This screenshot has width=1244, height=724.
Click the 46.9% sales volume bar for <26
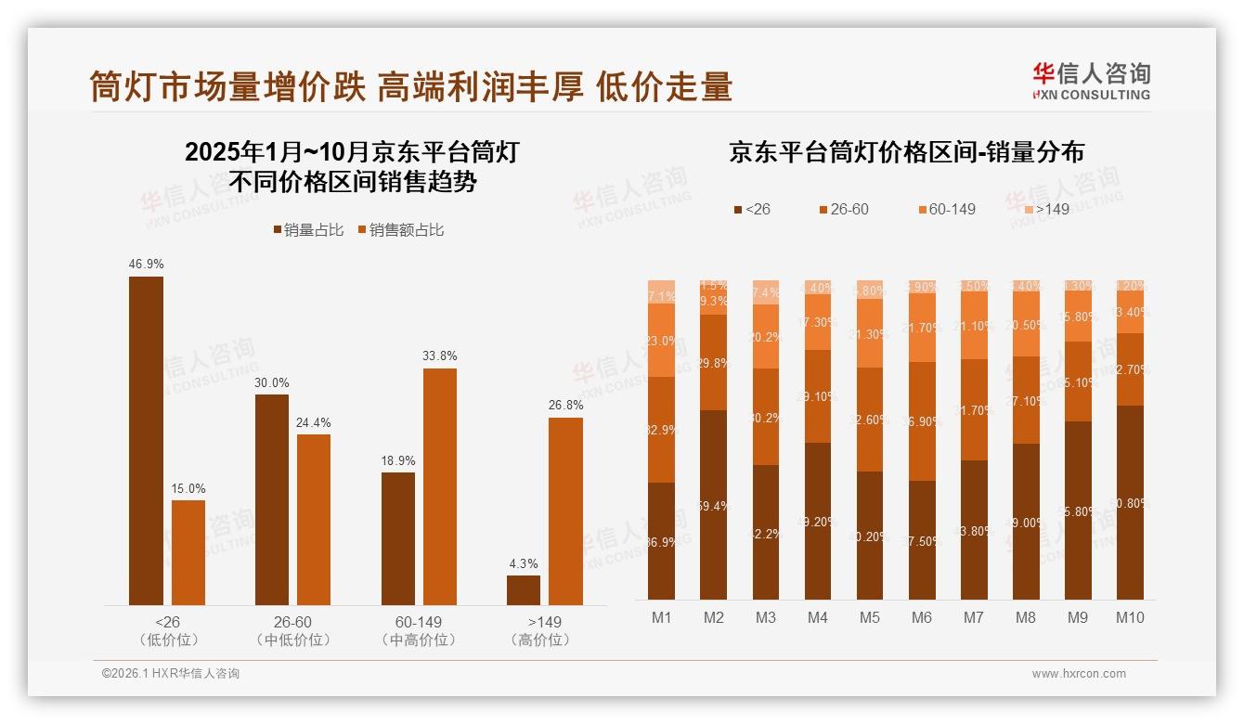[x=146, y=441]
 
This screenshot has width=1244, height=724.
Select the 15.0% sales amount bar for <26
[x=188, y=552]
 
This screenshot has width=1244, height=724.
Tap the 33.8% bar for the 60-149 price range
[x=440, y=486]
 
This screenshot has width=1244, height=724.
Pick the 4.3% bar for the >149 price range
[x=524, y=590]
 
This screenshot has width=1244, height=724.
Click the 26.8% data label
[x=565, y=405]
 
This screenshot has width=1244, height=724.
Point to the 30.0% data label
[x=271, y=382]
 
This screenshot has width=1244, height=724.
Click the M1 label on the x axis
[x=661, y=617]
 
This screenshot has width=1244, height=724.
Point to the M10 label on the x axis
[x=1129, y=617]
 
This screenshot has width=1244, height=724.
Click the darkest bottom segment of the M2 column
[x=713, y=505]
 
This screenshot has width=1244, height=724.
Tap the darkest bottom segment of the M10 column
[x=1130, y=502]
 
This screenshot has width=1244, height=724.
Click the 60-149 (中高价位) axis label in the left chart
[x=418, y=630]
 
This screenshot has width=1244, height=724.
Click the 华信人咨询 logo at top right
[x=1091, y=80]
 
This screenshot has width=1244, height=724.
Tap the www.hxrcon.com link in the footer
[x=1079, y=674]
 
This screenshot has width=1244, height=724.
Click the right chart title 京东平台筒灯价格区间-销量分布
[x=906, y=153]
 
